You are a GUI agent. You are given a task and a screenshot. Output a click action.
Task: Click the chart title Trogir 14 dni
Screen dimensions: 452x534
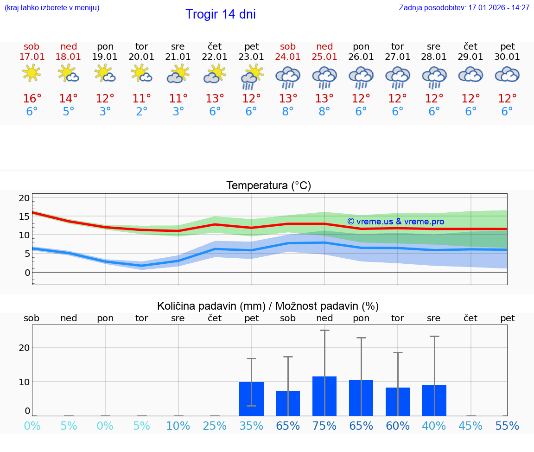point(220,14)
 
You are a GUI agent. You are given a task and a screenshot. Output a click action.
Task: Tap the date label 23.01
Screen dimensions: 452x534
point(251,57)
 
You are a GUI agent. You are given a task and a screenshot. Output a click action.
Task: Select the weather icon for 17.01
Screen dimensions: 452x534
point(32,73)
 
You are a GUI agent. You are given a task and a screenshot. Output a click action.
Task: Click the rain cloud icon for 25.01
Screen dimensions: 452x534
point(324,76)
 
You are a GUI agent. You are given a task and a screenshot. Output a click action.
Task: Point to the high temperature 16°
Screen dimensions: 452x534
point(32,99)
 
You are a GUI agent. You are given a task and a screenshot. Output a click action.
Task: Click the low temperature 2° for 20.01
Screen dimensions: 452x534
point(142,112)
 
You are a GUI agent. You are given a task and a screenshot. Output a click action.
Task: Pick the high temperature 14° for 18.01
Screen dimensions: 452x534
point(69,99)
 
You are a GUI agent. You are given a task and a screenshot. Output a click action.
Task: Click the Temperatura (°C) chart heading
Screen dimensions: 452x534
point(268,186)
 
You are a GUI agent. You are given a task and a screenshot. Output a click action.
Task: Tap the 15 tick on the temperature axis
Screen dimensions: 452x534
point(25,216)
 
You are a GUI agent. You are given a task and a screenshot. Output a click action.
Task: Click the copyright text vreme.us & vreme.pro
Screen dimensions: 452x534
point(395,222)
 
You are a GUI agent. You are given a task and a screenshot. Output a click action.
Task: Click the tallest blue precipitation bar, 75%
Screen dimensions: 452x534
point(324,396)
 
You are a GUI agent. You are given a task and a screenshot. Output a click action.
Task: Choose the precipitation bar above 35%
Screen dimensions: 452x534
point(251,399)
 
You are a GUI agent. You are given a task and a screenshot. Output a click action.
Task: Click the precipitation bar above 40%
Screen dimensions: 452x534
point(434,400)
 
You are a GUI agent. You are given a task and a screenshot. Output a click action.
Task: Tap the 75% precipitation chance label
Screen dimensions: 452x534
point(324,426)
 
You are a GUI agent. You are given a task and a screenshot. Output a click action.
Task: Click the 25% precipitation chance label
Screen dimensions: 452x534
point(215,426)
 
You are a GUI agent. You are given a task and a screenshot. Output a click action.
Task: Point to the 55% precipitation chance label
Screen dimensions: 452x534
point(507,426)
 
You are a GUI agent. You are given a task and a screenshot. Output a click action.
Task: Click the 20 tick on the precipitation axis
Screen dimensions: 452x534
point(25,348)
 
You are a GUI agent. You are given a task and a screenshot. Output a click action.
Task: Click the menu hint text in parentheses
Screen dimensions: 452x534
point(52,8)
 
